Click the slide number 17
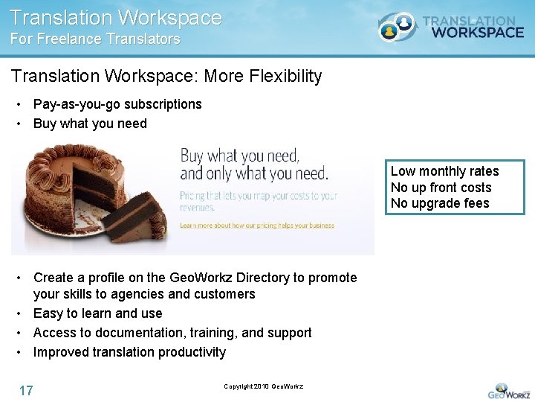point(26,390)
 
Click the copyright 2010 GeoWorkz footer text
point(263,386)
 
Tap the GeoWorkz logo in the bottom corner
point(509,391)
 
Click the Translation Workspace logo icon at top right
point(398,28)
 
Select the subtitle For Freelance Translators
point(95,39)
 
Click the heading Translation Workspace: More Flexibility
point(166,76)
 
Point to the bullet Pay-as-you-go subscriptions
point(117,104)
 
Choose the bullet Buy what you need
point(90,124)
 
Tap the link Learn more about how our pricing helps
point(256,225)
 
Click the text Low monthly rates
point(444,171)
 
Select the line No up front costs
point(441,188)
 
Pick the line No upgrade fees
point(440,203)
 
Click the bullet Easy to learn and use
point(97,313)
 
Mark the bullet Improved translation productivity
point(129,352)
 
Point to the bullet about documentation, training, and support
point(172,333)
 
